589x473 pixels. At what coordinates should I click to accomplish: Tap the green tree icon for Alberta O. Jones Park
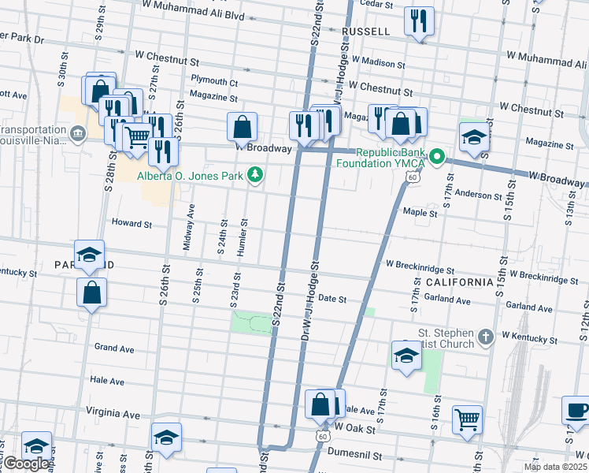255,175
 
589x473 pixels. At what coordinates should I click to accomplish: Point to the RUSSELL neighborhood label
366,32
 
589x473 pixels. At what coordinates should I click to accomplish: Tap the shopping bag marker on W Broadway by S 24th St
242,126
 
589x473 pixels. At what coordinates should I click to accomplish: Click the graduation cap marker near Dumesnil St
166,438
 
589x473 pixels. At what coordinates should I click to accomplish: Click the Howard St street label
131,224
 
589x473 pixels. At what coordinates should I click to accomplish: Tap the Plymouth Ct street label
214,82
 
